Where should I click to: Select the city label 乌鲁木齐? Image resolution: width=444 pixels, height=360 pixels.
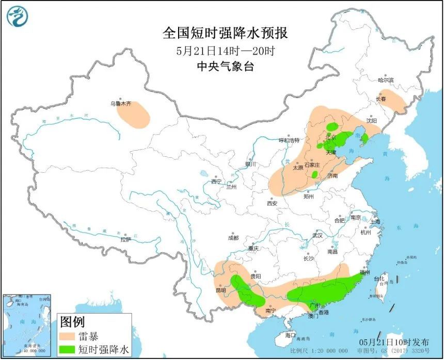[x=120, y=104]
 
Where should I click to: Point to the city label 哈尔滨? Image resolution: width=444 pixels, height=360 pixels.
[x=385, y=80]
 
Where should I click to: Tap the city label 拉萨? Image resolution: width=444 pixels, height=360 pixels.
[x=125, y=239]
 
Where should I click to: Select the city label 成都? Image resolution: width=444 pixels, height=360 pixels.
[x=233, y=238]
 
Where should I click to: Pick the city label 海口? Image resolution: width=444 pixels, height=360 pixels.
[x=291, y=335]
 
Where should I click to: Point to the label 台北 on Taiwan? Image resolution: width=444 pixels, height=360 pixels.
[x=382, y=279]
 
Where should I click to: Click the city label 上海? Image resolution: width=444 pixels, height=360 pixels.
[x=374, y=222]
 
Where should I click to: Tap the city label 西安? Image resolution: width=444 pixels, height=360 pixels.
[x=272, y=204]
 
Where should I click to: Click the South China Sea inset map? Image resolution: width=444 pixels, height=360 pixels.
[x=27, y=325]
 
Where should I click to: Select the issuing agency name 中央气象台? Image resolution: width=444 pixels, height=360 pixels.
[x=225, y=67]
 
